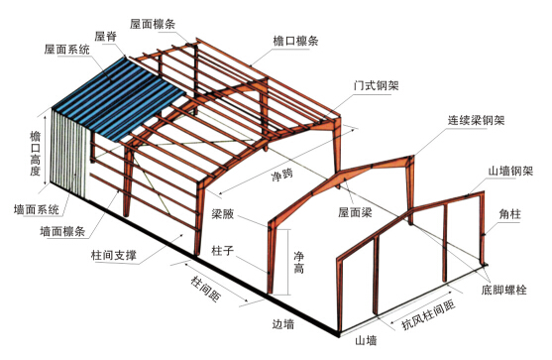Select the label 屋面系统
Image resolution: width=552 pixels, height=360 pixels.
(66, 48)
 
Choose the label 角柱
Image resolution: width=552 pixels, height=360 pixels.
(512, 211)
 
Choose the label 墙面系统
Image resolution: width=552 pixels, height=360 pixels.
(34, 209)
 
